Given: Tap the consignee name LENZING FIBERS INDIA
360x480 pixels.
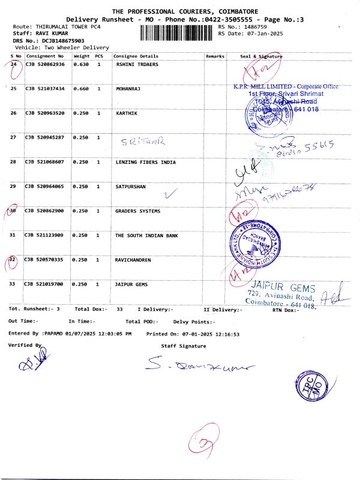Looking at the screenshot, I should pos(145,162).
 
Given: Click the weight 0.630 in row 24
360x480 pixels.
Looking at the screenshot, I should pos(80,65).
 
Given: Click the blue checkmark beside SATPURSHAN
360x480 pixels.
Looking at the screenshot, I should pos(172,193).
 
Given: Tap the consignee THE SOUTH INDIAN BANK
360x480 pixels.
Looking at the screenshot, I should pos(146,235).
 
